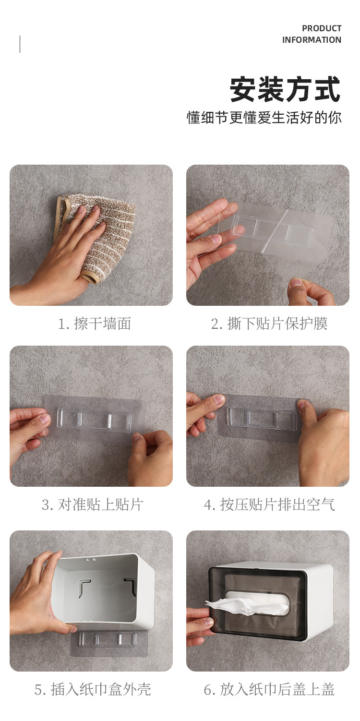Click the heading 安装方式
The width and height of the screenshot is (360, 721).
285,89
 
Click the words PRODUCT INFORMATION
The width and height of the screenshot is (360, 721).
312,34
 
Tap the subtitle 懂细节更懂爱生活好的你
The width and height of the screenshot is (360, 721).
264,118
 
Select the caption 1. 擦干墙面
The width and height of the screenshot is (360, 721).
94,324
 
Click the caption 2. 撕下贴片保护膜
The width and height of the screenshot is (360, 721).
269,324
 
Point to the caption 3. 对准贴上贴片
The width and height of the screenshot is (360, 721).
92,505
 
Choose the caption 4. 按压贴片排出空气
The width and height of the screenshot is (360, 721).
269,505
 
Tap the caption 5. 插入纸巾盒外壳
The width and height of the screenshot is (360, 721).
93,689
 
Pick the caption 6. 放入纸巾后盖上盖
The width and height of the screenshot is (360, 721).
269,689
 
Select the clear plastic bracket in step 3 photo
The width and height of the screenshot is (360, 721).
94,419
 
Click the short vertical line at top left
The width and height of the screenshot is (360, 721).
20,44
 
